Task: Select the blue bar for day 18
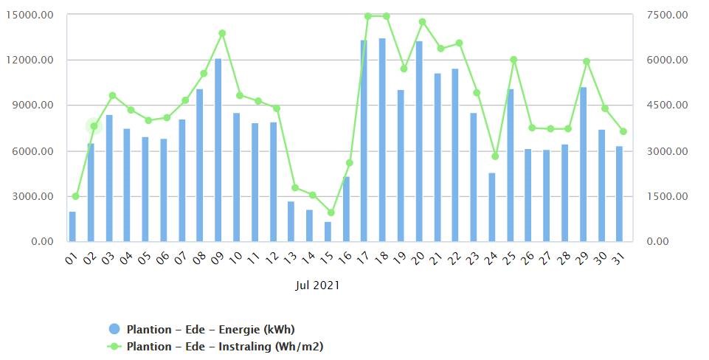pos(382,140)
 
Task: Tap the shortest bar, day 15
pos(328,232)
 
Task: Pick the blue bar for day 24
pos(491,207)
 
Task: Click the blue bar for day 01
pos(72,226)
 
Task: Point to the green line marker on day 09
pos(221,33)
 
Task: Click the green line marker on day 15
pos(331,212)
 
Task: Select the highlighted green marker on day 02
pos(94,126)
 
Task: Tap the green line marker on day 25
pos(513,60)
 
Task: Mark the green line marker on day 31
pos(623,131)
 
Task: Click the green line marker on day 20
pos(422,22)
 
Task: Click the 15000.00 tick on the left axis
pos(29,15)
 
